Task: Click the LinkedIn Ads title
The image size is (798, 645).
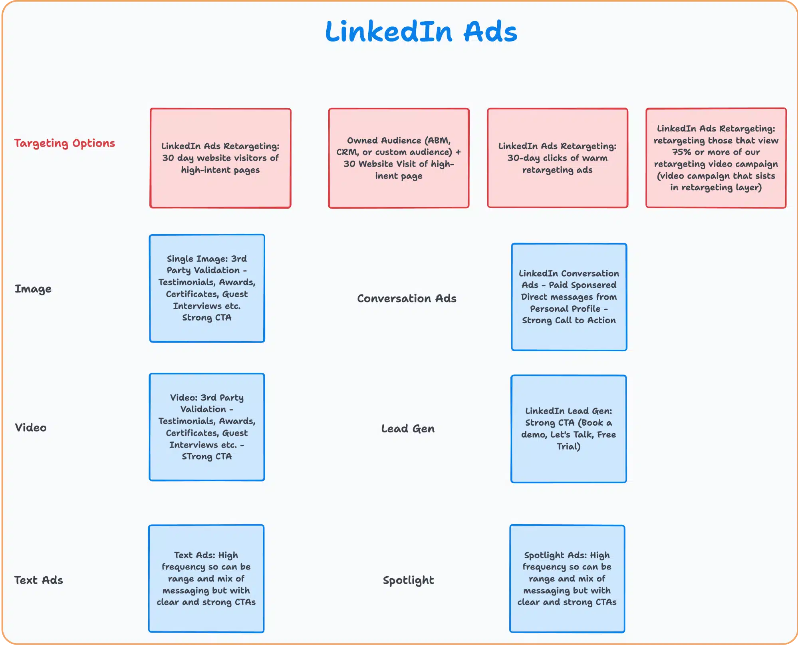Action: click(x=421, y=32)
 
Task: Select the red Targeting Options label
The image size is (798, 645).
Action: click(x=65, y=143)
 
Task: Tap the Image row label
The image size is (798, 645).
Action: click(x=33, y=289)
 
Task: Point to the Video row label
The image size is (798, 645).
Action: click(x=31, y=428)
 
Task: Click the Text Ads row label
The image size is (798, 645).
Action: click(x=39, y=580)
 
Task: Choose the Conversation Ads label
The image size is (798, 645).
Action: click(x=407, y=299)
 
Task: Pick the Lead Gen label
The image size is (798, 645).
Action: click(x=408, y=429)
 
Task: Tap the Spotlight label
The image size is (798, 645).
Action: click(x=408, y=580)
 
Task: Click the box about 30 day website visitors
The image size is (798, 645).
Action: click(x=220, y=158)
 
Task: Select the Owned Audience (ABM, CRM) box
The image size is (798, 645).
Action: click(x=399, y=158)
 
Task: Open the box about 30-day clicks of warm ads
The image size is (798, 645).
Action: click(x=558, y=158)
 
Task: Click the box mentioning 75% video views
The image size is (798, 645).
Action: click(x=716, y=158)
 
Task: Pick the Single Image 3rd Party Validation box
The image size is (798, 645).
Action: click(x=207, y=288)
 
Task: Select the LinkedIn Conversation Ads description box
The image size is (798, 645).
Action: click(x=569, y=297)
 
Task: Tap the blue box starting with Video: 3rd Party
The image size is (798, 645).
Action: click(x=207, y=427)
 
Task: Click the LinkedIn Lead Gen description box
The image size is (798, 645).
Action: click(x=568, y=429)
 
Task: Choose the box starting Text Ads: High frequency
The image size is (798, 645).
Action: click(x=206, y=579)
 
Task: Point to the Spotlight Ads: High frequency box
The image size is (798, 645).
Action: click(x=567, y=579)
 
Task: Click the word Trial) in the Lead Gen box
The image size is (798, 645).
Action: click(x=568, y=446)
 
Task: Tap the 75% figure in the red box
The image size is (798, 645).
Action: click(x=681, y=152)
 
